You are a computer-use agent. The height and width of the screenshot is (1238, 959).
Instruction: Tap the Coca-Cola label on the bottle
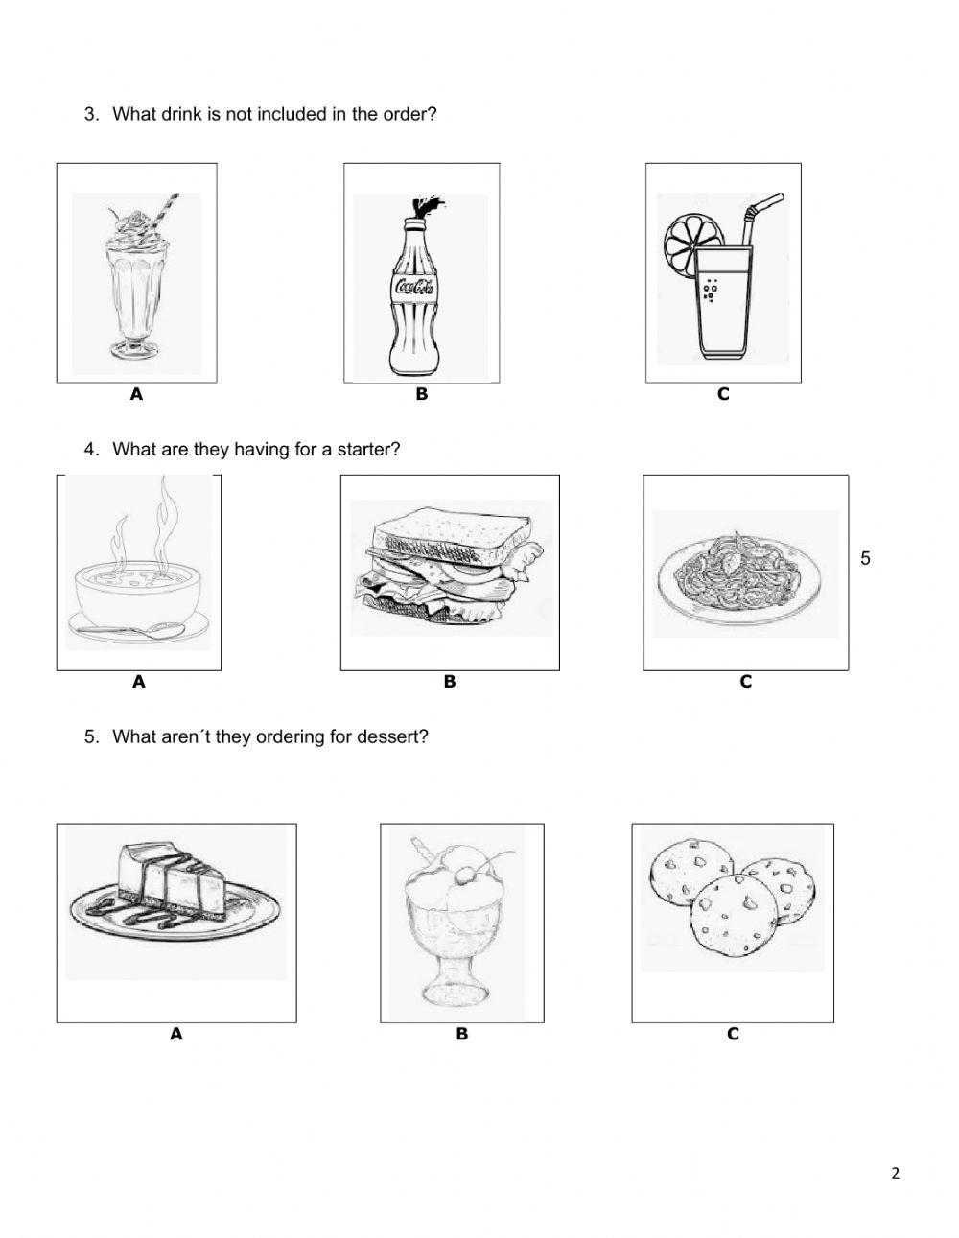[x=415, y=286]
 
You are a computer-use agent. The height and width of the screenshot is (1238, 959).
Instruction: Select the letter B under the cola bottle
[x=421, y=394]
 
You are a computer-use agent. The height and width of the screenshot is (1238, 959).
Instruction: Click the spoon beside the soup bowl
[x=130, y=629]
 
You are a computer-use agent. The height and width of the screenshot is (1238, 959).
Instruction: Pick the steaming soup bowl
[x=138, y=593]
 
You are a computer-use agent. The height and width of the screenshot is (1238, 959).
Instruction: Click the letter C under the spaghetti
[x=745, y=682]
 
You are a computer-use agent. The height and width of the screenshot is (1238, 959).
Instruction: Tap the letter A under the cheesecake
[x=175, y=1034]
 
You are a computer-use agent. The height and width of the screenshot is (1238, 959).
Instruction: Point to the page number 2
[x=895, y=1173]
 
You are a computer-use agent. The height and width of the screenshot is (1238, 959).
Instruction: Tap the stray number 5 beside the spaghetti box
[x=865, y=558]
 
